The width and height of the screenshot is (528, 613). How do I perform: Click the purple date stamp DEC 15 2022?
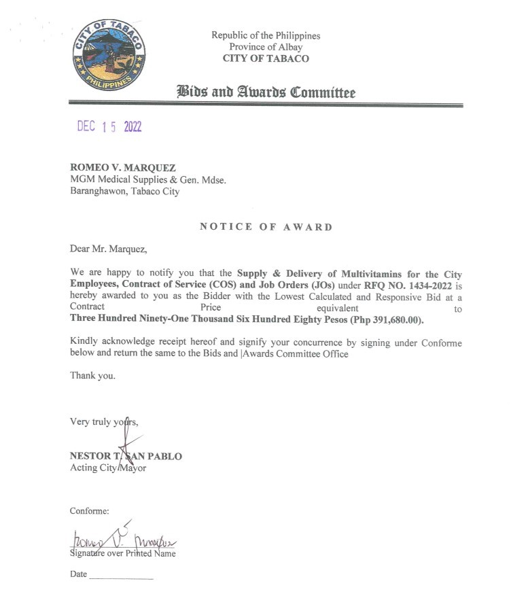[109, 127]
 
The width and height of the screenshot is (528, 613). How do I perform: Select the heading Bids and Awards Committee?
[266, 92]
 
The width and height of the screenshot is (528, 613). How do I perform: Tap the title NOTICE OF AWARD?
[266, 227]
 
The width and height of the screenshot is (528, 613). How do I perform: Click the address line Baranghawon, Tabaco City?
[124, 192]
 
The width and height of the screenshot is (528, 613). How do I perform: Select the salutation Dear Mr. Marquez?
[107, 249]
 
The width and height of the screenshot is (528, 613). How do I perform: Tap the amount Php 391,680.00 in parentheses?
[387, 320]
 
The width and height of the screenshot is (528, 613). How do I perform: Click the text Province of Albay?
[266, 47]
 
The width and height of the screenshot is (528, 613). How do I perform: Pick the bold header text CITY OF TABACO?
[266, 58]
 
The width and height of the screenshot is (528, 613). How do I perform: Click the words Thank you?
[92, 375]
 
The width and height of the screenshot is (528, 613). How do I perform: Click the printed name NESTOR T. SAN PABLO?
[126, 456]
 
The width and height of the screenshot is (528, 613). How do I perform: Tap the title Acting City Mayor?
[108, 468]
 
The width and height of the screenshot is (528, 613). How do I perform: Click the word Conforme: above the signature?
[89, 510]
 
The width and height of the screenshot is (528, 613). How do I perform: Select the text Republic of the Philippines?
[266, 35]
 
